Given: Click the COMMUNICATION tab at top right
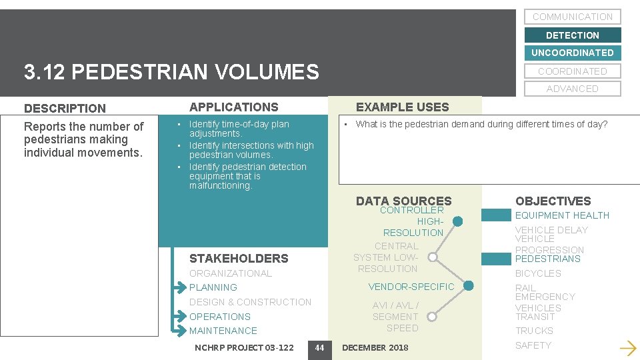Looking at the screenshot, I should click(572, 17).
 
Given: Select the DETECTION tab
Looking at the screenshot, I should click(572, 35).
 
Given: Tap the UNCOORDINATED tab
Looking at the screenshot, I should click(572, 53).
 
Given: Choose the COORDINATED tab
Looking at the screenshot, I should click(572, 71).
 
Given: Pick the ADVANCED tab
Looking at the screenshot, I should click(572, 89).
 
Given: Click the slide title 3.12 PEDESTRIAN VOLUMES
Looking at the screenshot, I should click(171, 71).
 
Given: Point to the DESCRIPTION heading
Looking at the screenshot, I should click(65, 108).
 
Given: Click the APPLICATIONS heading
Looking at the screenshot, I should click(233, 107).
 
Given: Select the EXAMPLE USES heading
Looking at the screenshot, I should click(402, 107).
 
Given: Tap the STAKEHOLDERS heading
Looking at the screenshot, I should click(239, 258).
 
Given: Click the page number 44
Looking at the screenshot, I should click(319, 347).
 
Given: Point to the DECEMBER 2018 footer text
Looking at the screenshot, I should click(375, 347).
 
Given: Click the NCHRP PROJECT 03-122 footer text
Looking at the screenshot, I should click(243, 347).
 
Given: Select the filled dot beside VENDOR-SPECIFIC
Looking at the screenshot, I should click(468, 286).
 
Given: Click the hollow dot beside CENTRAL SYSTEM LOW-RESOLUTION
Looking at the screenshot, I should click(433, 257).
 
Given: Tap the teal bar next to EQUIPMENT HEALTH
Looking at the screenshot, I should click(495, 215).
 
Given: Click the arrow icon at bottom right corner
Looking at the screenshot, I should click(627, 347).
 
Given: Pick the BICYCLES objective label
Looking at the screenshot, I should click(538, 273).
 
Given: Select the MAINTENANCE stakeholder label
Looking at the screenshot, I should click(223, 331).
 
